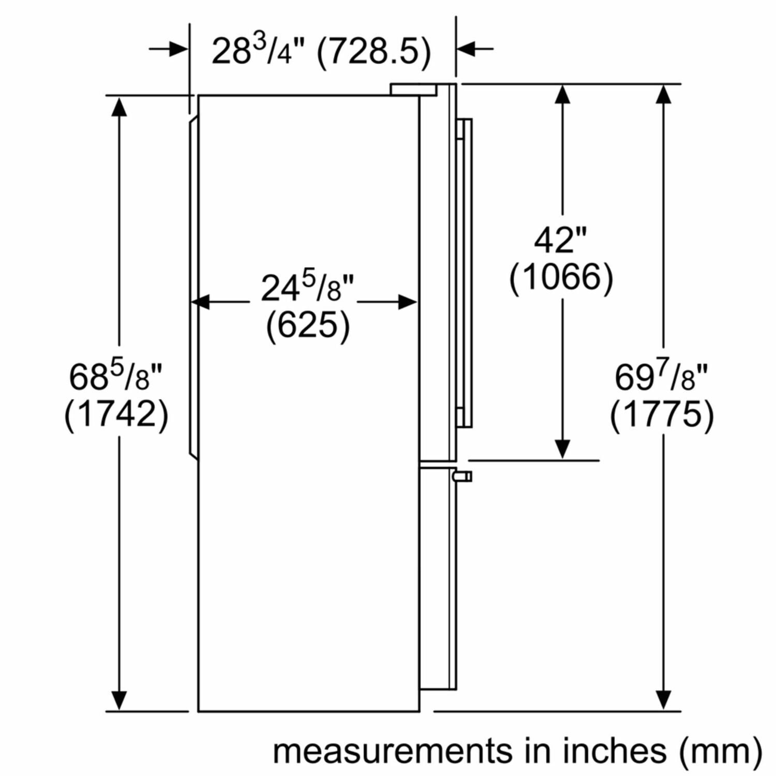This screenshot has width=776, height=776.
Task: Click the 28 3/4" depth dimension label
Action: [x=259, y=50]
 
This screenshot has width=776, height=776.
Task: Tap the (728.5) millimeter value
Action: [x=374, y=51]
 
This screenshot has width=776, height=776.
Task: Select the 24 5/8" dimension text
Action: [x=307, y=288]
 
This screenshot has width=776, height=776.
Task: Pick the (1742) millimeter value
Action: [x=116, y=414]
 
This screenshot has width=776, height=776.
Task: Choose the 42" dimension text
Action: [x=561, y=240]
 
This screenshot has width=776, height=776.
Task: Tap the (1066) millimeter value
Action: [x=561, y=278]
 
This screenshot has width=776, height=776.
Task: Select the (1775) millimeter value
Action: [x=662, y=414]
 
